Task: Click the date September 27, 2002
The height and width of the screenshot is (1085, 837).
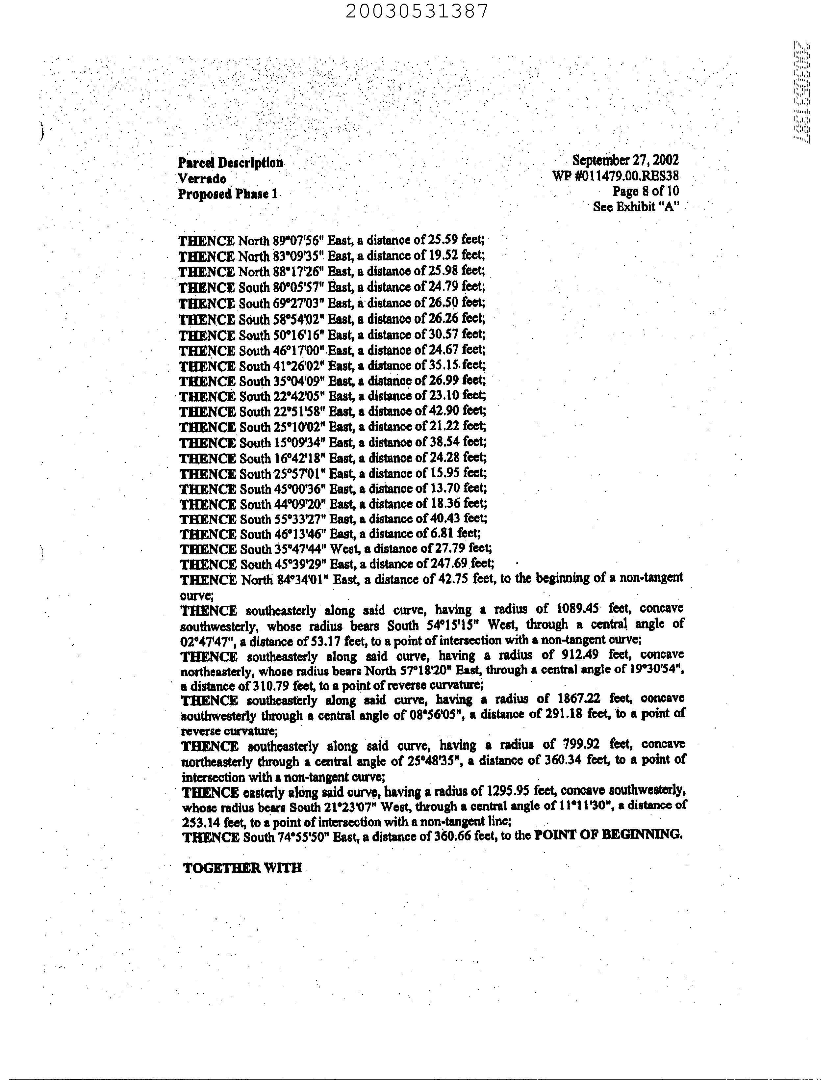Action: pos(625,160)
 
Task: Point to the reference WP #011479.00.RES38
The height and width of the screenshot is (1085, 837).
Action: pos(615,176)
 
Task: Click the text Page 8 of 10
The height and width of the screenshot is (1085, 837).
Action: pos(646,191)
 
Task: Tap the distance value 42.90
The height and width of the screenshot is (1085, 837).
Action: pos(443,411)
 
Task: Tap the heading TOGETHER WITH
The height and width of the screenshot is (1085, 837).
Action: pos(242,868)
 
